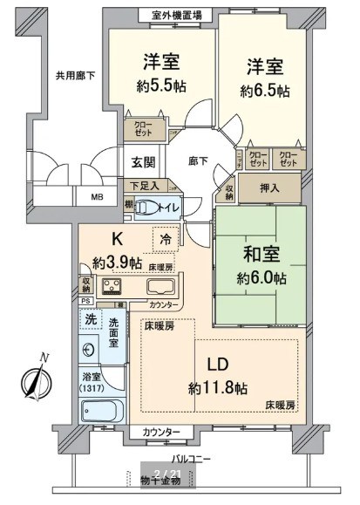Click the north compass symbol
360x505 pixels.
pos(35,380)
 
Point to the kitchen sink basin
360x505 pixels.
pos(161,288)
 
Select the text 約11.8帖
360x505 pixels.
pos(216,386)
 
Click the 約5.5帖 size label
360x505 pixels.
pos(160,86)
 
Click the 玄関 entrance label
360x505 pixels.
pos(144,161)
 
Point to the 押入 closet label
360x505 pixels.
pos(270,188)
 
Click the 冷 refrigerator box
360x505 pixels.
pos(164,237)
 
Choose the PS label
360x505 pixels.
pos(85,302)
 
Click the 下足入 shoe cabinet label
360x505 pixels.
pos(145,186)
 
